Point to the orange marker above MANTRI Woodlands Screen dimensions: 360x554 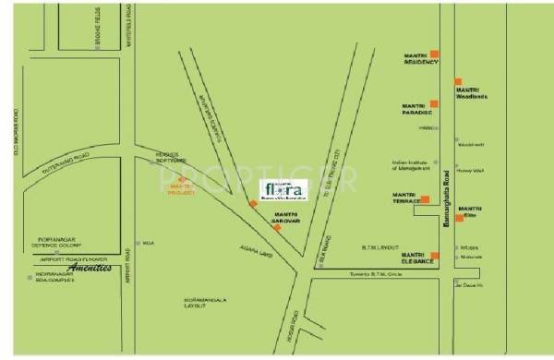[457, 82]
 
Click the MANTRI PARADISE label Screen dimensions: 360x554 [415, 111]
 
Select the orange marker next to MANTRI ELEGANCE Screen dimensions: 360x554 [436, 255]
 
